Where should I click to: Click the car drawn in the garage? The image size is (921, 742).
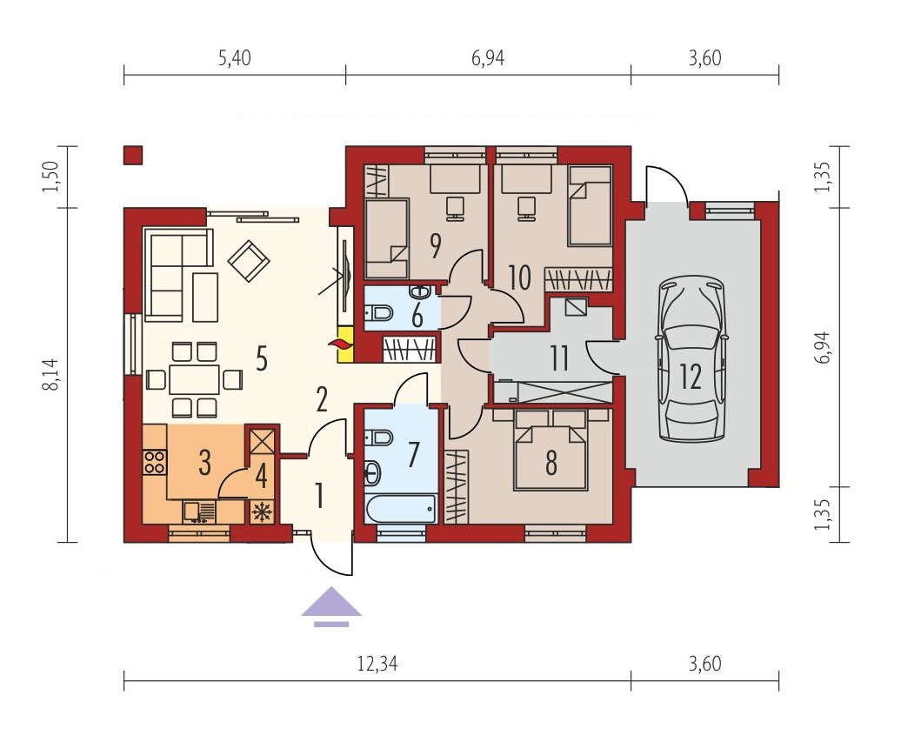[691, 359]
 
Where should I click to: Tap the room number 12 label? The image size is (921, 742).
[691, 377]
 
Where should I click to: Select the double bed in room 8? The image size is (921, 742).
[551, 450]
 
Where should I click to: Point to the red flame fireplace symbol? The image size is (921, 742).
[339, 345]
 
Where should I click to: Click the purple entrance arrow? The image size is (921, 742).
[331, 606]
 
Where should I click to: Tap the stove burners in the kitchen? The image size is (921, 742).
[155, 461]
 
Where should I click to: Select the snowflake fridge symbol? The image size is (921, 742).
[262, 512]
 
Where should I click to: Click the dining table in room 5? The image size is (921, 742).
[194, 379]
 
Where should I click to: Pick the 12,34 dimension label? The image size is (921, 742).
[377, 664]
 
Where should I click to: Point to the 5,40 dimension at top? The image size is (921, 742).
[234, 58]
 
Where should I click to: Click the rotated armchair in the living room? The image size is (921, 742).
[249, 260]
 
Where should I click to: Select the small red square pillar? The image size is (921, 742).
[133, 155]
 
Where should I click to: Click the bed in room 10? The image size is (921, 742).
[590, 205]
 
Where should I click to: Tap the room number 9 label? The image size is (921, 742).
[435, 245]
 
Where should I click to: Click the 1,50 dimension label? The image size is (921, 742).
[52, 177]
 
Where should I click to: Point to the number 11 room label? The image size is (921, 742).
[558, 358]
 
